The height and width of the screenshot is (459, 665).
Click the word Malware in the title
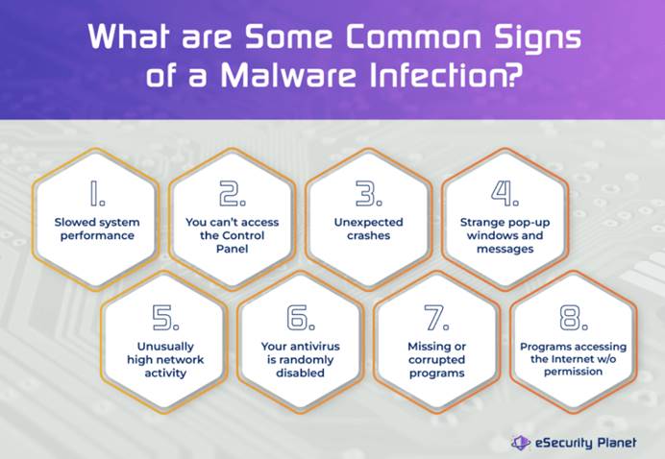[287, 75]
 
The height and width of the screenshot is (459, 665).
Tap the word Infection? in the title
[444, 75]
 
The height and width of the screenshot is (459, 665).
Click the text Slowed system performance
[97, 229]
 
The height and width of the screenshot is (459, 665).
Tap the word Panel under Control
[232, 249]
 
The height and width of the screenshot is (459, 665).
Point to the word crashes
[369, 235]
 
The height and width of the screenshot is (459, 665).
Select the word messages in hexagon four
[505, 250]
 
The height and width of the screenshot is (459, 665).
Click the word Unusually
[165, 347]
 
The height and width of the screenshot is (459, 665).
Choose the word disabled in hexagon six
[300, 373]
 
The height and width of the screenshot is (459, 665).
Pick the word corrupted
[437, 360]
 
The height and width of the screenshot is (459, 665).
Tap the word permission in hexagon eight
[574, 373]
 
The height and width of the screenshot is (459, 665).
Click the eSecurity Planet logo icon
[521, 443]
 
